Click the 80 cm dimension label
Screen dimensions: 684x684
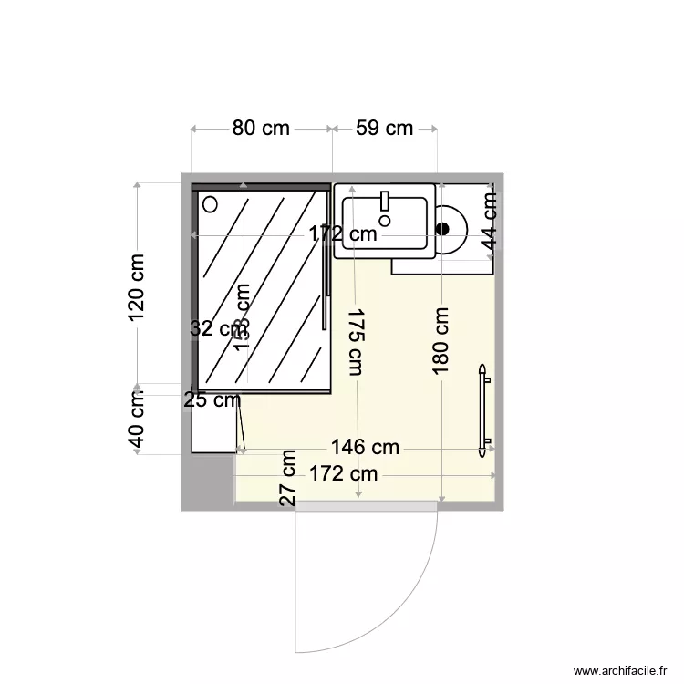pos(260,128)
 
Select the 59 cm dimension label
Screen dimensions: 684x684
pos(384,128)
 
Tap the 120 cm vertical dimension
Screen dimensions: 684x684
pos(137,286)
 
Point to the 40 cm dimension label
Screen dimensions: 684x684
pos(137,419)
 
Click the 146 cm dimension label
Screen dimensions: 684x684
pos(365,447)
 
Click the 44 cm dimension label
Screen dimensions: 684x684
pos(490,223)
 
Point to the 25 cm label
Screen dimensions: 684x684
pos(212,399)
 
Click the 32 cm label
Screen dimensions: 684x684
pos(212,329)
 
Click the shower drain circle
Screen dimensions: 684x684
pos(211,203)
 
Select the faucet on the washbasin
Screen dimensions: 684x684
pos(385,201)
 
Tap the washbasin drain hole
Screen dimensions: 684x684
pos(385,220)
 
